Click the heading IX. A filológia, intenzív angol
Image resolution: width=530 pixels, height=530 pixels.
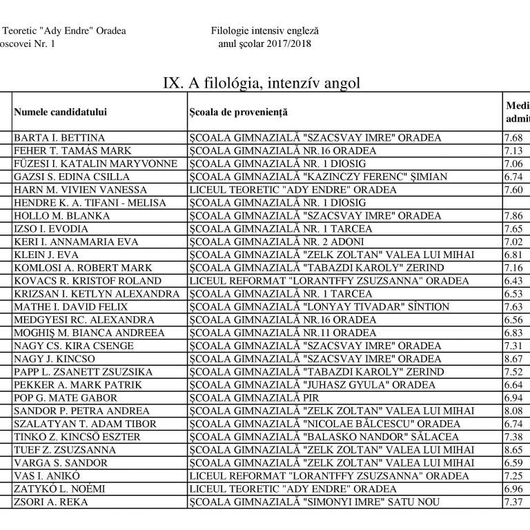point(262,83)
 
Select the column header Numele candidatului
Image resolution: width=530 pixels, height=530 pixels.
point(61,112)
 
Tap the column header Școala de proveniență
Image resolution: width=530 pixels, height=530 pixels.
point(238,112)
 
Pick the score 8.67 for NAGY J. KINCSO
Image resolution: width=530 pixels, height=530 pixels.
point(514,359)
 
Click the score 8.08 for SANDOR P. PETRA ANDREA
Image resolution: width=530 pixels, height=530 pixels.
point(514,411)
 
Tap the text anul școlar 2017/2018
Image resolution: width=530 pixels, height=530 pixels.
point(264,43)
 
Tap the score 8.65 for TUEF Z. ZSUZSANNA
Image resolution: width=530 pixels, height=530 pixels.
point(514,450)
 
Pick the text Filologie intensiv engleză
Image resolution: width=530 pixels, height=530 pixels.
point(266,31)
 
